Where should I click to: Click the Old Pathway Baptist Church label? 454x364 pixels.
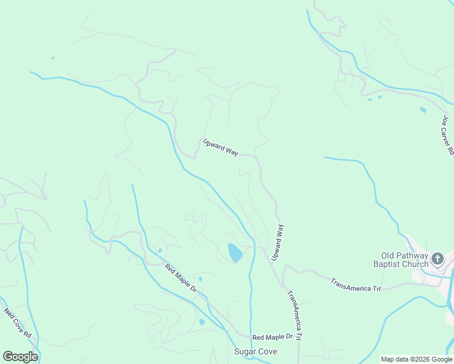(404, 260)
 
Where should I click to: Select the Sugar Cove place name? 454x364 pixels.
(256, 352)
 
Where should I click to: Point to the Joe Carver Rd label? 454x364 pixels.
(447, 135)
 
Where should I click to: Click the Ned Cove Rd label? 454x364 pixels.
(18, 323)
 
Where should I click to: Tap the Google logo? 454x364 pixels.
(20, 356)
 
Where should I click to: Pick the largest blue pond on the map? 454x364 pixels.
(234, 252)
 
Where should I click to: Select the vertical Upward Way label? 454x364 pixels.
(277, 243)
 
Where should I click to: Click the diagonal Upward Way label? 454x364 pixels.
(220, 147)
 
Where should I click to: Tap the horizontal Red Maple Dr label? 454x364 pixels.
(273, 337)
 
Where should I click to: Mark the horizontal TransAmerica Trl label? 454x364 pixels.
(355, 284)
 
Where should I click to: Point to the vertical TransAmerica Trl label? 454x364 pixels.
(294, 314)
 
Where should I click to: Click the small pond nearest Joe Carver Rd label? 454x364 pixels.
(423, 110)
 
